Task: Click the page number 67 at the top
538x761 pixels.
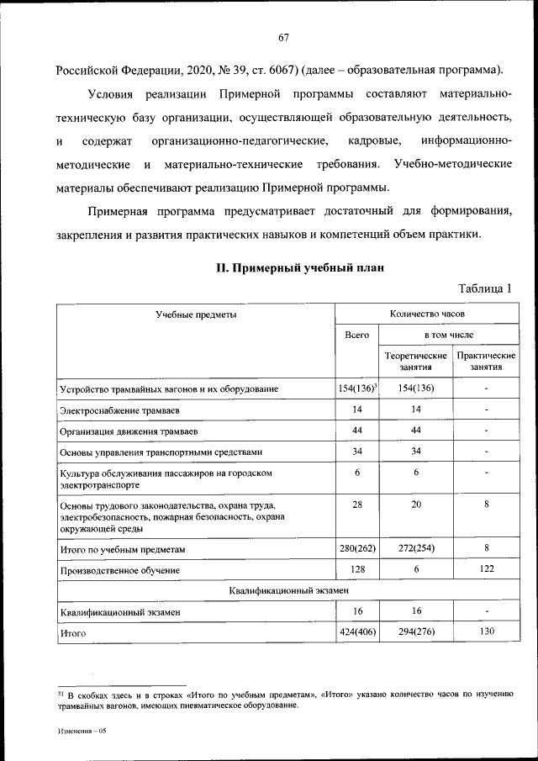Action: [x=283, y=37]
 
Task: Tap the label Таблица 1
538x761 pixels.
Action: [x=485, y=288]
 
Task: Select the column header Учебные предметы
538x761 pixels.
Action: [x=195, y=314]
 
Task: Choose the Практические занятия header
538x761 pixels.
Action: [x=487, y=362]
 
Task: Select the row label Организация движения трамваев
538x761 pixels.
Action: [x=129, y=432]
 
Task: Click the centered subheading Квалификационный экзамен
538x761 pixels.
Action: [x=288, y=591]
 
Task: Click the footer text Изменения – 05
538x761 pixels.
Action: [x=82, y=732]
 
